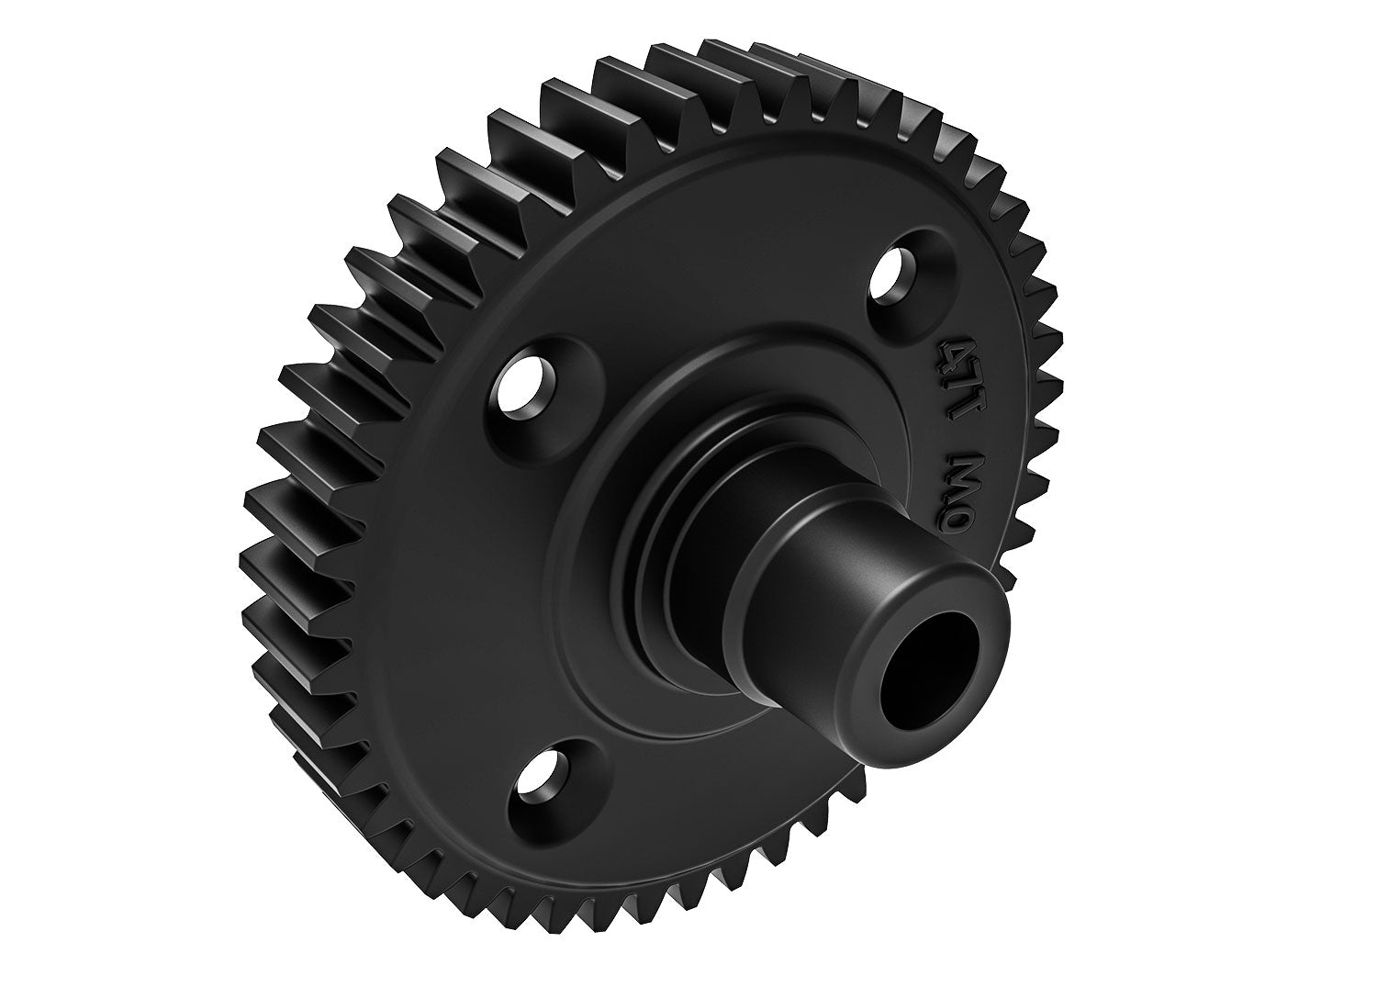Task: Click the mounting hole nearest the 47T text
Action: pos(897,269)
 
